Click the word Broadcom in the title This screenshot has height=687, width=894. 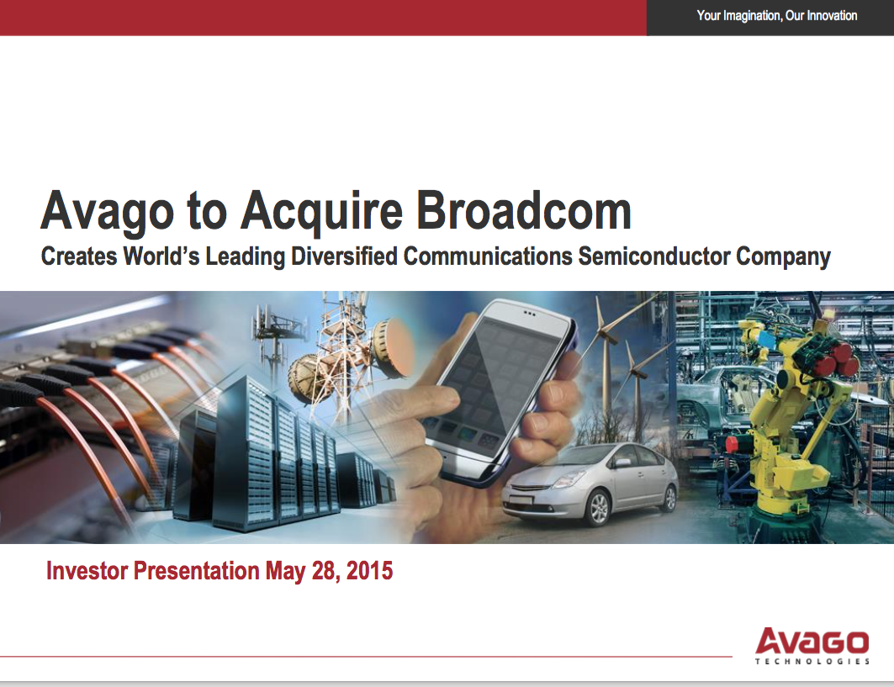tap(524, 211)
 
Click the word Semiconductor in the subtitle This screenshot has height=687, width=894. tap(654, 256)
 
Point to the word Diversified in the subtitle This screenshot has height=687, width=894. tap(344, 256)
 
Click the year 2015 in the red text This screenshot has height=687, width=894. tap(369, 571)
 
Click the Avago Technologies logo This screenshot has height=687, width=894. tap(812, 646)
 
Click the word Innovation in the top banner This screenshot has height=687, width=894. tap(832, 15)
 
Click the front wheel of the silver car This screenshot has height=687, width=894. tap(599, 507)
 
